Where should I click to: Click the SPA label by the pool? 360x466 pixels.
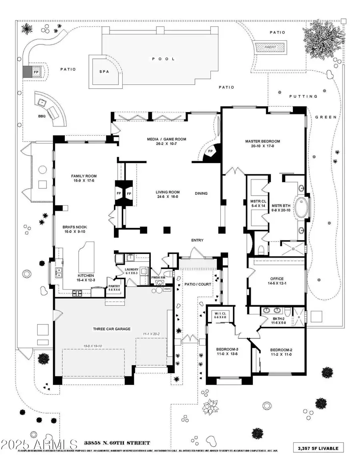click(x=104, y=72)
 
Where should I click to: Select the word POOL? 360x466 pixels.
click(x=163, y=59)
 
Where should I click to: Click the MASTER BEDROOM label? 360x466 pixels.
click(x=262, y=141)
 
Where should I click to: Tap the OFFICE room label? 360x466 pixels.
click(x=277, y=279)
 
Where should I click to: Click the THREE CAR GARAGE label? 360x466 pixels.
click(x=112, y=329)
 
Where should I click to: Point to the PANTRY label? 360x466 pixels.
click(x=114, y=286)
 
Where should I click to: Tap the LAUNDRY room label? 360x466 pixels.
click(x=132, y=269)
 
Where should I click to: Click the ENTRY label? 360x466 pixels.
click(x=197, y=240)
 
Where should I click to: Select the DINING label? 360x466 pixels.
click(x=201, y=194)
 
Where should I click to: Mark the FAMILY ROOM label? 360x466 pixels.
click(x=84, y=176)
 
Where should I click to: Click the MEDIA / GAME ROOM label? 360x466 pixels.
click(x=166, y=139)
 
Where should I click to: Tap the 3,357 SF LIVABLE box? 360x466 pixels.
click(x=318, y=448)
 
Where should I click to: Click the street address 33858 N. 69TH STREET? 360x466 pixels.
click(x=117, y=443)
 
